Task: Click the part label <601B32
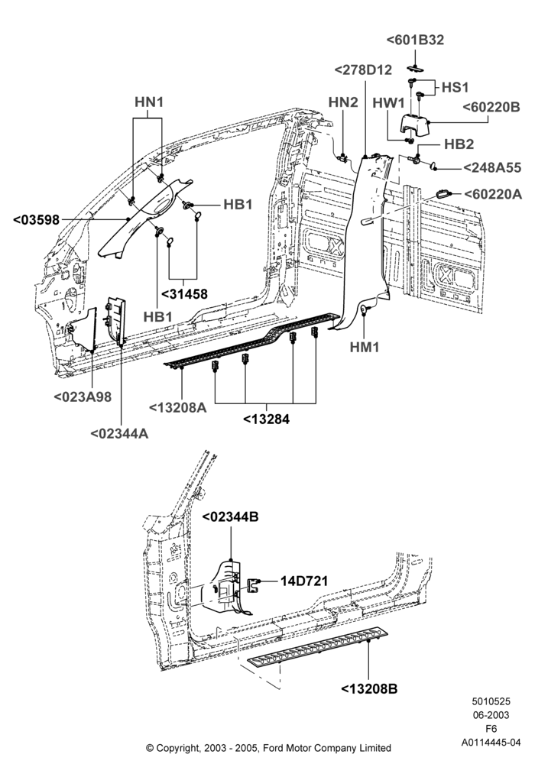click(415, 40)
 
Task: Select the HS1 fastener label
click(455, 87)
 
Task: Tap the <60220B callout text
click(491, 107)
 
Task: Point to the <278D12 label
click(364, 70)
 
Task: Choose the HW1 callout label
click(389, 103)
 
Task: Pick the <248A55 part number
click(492, 167)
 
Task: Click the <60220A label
click(493, 194)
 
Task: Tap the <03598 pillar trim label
click(36, 220)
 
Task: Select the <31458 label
click(184, 294)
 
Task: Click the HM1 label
click(365, 347)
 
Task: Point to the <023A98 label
click(83, 397)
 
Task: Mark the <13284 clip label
click(266, 419)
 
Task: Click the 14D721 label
click(303, 581)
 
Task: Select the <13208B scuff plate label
click(369, 689)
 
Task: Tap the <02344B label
click(230, 516)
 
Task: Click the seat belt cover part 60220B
click(415, 126)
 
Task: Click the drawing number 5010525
click(491, 701)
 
